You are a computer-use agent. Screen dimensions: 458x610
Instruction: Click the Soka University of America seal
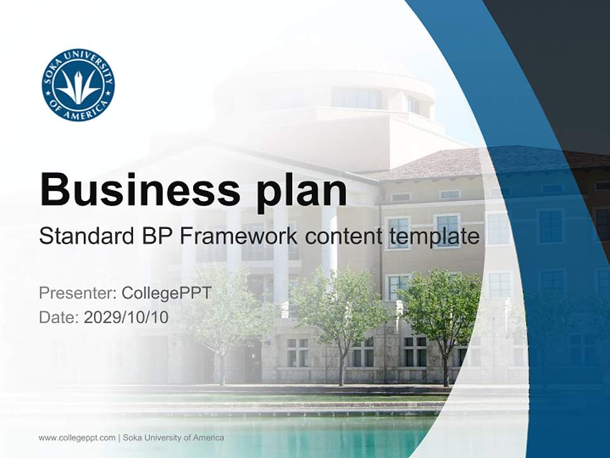[x=78, y=85]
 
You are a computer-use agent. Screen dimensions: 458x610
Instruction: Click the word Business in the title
[x=140, y=189]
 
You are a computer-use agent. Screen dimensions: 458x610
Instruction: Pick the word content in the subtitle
[x=344, y=237]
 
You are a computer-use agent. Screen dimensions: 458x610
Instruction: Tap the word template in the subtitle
[x=433, y=237]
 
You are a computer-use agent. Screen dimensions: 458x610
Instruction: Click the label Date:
[x=59, y=317]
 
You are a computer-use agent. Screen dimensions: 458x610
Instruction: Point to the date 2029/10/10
[x=126, y=317]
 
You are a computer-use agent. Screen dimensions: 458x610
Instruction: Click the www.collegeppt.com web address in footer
[x=77, y=438]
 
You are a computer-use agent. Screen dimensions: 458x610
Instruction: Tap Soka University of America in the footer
[x=173, y=438]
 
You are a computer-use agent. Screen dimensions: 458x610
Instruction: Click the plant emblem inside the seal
[x=78, y=87]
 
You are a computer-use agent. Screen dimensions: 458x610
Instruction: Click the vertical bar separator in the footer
[x=119, y=438]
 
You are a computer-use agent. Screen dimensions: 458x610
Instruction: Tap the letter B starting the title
[x=55, y=189]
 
